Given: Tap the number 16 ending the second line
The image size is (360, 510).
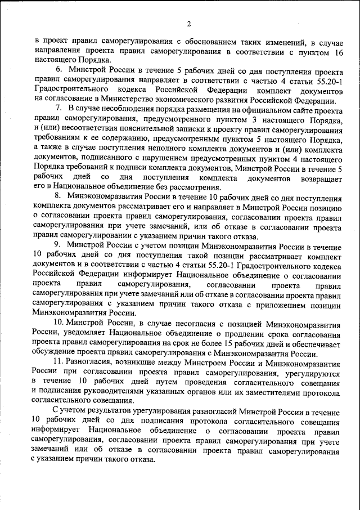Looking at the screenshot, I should tap(338, 52).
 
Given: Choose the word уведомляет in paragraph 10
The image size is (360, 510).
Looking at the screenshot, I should tap(75, 332).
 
